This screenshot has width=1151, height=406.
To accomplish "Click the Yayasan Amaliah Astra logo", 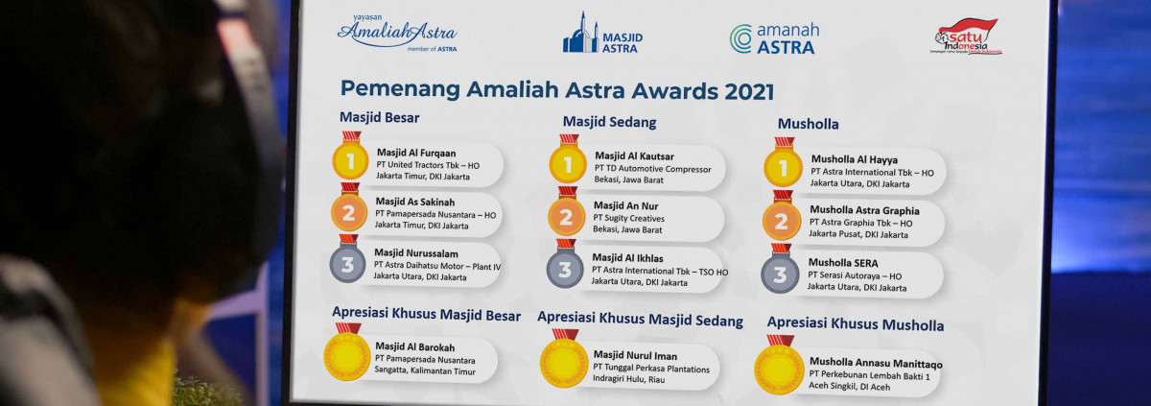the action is pos(397,33).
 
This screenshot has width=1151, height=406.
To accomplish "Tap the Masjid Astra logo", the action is pos(602,33).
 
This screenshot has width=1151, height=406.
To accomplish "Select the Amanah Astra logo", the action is pos(774,38).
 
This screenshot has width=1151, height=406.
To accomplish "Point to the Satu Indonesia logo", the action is pos(967,36).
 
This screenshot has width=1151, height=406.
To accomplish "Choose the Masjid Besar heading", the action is pos(379,118).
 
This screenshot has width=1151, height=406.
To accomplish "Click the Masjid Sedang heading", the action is pos(609,122).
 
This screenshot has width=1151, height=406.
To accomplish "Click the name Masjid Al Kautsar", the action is pos(634,156).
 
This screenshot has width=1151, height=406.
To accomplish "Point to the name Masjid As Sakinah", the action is pos(415,202).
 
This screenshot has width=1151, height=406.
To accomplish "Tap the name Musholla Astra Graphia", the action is pos(864,210).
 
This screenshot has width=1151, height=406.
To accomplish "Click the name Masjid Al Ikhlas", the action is pos(627,258).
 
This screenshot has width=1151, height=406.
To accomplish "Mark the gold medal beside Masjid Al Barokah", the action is pos(347,352).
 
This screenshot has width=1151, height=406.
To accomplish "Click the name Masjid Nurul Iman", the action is pos(635,355).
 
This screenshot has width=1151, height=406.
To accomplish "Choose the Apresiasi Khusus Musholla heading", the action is pos(856,324).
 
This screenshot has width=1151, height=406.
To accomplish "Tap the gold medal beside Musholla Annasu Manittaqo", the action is pos(779,366).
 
